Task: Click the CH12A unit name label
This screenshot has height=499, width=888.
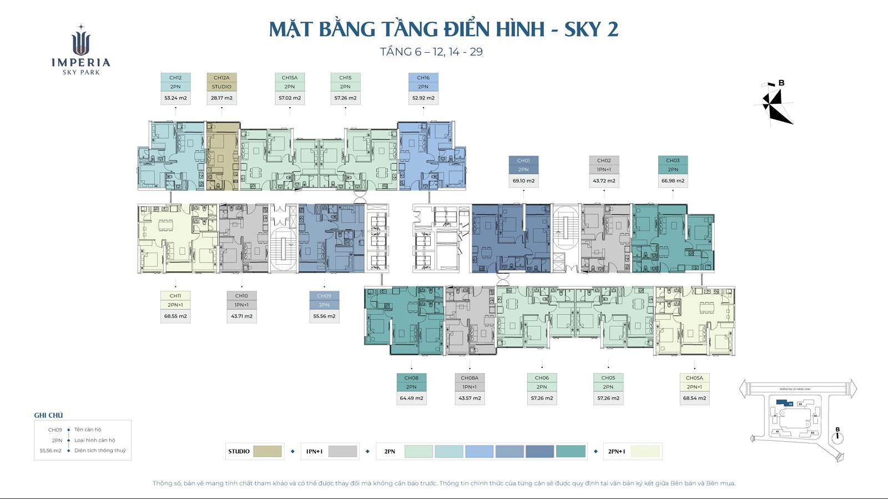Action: tap(221, 78)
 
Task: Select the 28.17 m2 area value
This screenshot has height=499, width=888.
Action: tap(221, 98)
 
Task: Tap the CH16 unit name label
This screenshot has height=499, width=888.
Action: tap(423, 78)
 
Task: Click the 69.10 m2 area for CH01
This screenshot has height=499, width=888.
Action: tap(523, 180)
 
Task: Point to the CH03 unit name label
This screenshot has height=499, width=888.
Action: tap(673, 160)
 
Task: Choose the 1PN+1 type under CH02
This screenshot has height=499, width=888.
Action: tap(604, 170)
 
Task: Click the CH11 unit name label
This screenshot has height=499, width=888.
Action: tap(175, 296)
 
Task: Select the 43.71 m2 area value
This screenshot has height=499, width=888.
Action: tap(241, 316)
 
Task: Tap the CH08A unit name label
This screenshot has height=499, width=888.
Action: tap(470, 378)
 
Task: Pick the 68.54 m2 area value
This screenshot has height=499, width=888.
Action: tap(694, 398)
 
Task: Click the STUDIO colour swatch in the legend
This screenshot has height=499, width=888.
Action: tap(268, 451)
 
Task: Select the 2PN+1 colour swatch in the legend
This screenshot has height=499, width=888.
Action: tap(645, 451)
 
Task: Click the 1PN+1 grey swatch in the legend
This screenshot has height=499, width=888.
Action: tap(342, 451)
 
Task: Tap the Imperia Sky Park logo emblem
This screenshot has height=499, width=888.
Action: tap(81, 42)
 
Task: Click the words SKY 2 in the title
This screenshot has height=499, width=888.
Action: tap(591, 29)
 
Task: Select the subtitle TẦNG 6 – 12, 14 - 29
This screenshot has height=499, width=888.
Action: tap(431, 52)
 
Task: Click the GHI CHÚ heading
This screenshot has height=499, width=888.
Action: tap(48, 415)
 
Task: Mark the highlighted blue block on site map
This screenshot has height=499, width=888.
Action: tap(782, 402)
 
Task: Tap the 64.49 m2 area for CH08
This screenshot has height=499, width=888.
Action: tap(411, 398)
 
